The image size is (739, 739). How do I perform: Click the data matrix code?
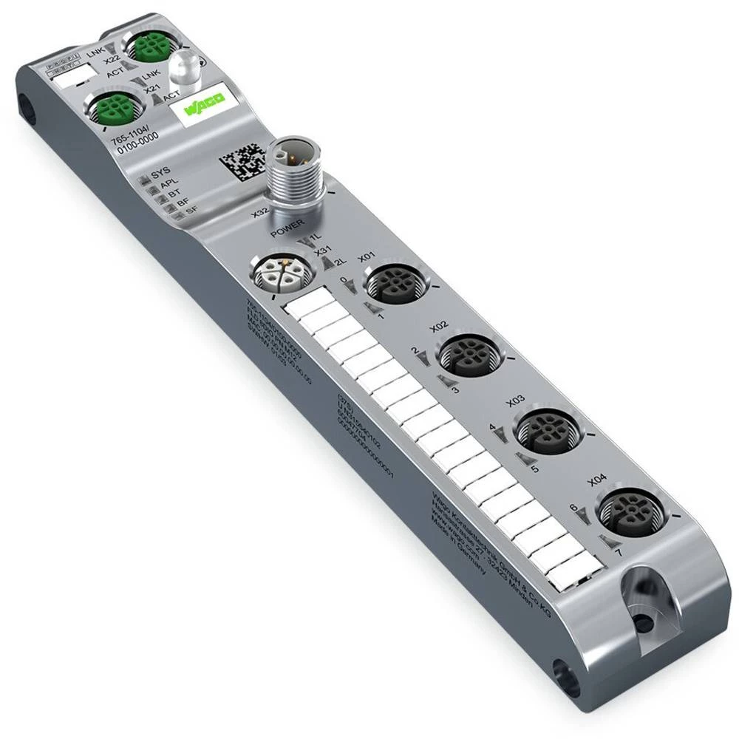pos(241,157)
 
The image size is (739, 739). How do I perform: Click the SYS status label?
pos(160,174)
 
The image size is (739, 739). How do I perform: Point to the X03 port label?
pos(516,400)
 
